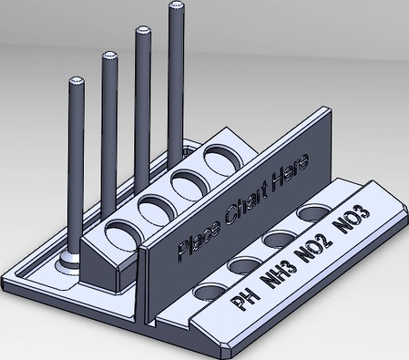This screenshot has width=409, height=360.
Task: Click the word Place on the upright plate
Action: click(193, 241)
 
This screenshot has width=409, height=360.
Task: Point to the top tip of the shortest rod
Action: click(76, 84)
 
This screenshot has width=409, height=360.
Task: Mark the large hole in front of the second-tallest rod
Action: click(188, 182)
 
